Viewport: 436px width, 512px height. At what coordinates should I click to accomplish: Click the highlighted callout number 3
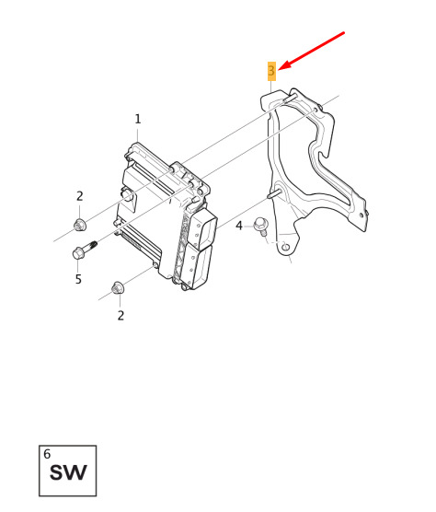(271, 71)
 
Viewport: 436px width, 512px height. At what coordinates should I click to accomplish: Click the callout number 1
(138, 119)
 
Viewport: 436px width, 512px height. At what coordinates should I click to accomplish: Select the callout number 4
(239, 226)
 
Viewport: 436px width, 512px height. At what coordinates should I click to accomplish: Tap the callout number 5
(78, 279)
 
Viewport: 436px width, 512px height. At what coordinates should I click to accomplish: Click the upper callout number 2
(80, 196)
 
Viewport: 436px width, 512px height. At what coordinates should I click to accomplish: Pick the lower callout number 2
(120, 316)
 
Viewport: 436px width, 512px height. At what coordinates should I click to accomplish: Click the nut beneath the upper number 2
(80, 225)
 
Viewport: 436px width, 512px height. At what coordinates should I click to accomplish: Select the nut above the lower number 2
(117, 287)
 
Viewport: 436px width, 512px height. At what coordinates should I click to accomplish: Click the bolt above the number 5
(84, 250)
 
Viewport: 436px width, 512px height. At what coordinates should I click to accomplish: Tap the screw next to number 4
(261, 226)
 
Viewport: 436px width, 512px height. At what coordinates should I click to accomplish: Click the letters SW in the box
(68, 472)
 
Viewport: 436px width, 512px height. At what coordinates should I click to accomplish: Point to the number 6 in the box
(47, 454)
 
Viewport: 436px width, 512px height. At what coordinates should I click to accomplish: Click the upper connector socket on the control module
(203, 229)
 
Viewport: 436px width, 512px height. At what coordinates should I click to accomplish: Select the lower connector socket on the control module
(196, 267)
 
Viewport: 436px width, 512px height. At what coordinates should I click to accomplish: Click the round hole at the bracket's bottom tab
(285, 247)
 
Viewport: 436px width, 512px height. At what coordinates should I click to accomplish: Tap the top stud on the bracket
(290, 98)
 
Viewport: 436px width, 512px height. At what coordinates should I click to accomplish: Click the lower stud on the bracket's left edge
(273, 193)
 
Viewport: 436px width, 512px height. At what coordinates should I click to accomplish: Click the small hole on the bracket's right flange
(361, 215)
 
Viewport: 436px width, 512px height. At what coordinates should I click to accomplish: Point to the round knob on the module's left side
(127, 194)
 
